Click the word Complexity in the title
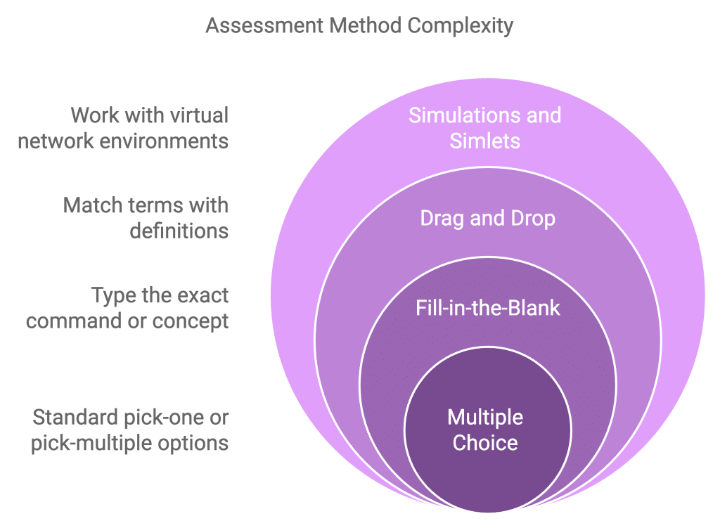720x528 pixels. click(x=460, y=26)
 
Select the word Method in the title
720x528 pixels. click(x=366, y=25)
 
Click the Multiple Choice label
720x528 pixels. click(x=485, y=430)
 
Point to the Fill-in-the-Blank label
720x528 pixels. click(x=488, y=308)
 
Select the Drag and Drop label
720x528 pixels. click(x=488, y=218)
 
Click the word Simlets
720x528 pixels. click(x=485, y=141)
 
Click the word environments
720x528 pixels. click(x=164, y=141)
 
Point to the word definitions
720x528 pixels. click(x=179, y=231)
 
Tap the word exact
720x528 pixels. click(x=202, y=295)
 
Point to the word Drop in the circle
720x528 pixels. click(x=533, y=219)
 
